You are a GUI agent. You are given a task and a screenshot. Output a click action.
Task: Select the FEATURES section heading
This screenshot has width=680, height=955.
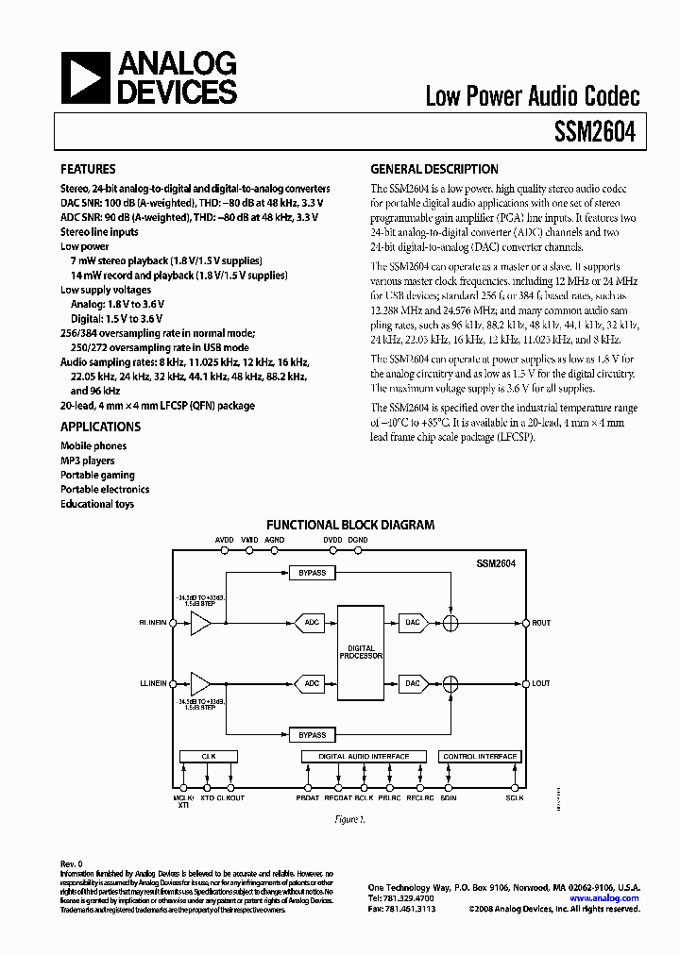coord(88,170)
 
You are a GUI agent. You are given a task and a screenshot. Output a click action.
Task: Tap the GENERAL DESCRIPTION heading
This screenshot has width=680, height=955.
coord(433,170)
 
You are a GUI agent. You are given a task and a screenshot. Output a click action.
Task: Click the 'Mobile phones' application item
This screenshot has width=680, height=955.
coord(93,445)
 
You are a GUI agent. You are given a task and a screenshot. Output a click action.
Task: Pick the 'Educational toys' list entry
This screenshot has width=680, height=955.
coord(97,504)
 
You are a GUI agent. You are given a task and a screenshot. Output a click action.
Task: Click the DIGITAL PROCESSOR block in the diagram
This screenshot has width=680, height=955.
coord(361,652)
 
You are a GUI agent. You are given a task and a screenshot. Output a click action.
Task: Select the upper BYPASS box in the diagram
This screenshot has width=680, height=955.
coord(312,573)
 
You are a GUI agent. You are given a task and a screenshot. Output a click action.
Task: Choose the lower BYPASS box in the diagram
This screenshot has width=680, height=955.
coord(312,735)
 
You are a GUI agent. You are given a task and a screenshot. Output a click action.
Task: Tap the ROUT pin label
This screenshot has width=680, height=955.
coord(541,623)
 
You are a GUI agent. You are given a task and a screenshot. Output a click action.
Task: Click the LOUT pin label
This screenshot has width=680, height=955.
coord(541,682)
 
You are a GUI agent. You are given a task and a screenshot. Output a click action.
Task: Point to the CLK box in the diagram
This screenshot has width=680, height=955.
coord(209,757)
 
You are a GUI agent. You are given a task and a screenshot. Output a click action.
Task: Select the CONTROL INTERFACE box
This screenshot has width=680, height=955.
coord(480,757)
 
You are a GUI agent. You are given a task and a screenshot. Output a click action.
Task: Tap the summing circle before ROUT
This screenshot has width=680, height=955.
coord(451,622)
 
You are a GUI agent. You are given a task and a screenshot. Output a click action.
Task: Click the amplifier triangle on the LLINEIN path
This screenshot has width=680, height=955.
coord(201,682)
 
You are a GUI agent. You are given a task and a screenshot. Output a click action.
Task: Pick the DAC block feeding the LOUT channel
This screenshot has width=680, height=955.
coord(412,682)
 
